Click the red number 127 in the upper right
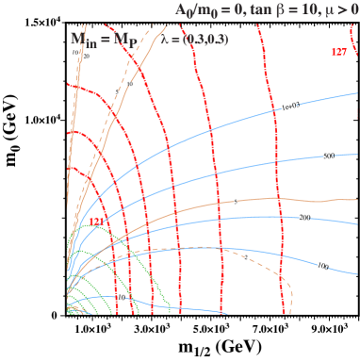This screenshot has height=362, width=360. tap(338, 52)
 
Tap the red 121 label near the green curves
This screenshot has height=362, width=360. tap(96, 222)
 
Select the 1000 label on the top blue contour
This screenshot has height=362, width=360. tap(289, 107)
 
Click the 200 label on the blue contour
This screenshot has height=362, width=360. tap(303, 218)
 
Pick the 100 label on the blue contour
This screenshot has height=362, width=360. tap(321, 266)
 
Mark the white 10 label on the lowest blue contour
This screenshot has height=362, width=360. tap(120, 298)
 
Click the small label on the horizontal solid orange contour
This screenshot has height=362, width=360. tap(235, 202)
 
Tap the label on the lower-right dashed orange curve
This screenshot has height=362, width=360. tap(246, 256)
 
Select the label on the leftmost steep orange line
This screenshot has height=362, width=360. tap(87, 56)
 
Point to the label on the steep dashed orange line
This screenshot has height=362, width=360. tap(130, 85)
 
